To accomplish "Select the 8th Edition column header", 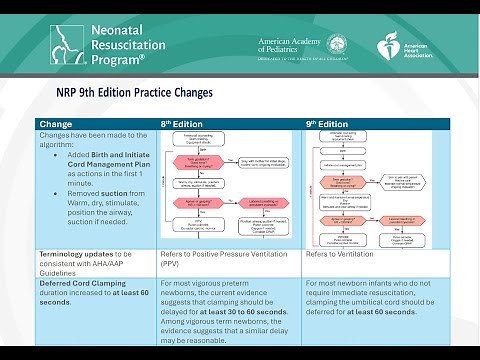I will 182,123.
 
